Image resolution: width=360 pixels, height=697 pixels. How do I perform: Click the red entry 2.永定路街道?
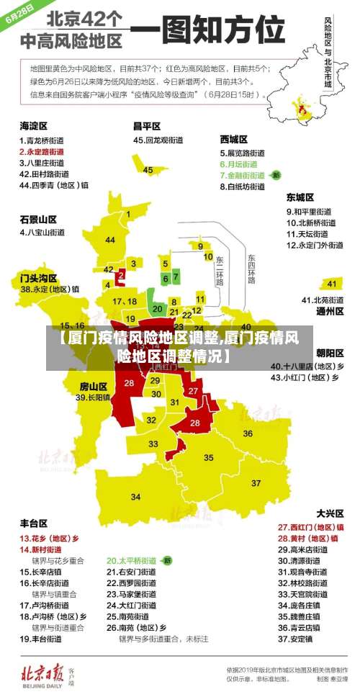[41, 152]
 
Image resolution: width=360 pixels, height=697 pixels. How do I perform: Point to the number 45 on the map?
[148, 171]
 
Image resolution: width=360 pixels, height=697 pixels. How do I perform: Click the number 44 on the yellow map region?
[109, 240]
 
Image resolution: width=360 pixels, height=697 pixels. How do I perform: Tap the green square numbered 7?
[176, 276]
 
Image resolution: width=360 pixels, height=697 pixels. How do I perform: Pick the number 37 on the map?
[256, 482]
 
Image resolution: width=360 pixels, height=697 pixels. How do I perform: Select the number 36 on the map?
[248, 433]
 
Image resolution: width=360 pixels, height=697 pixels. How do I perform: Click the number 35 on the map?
[209, 457]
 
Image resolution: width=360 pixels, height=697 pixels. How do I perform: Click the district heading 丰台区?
[33, 523]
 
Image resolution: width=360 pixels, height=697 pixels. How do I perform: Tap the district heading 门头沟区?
[38, 277]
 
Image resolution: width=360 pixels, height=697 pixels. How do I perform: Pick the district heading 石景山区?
[38, 219]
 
